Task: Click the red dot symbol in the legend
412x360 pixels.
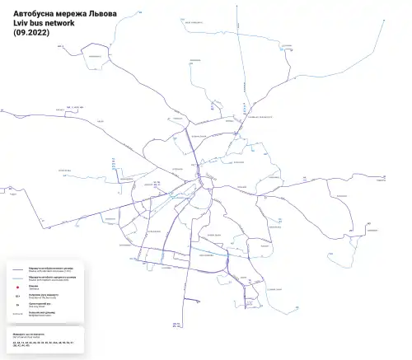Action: (x=17, y=288)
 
